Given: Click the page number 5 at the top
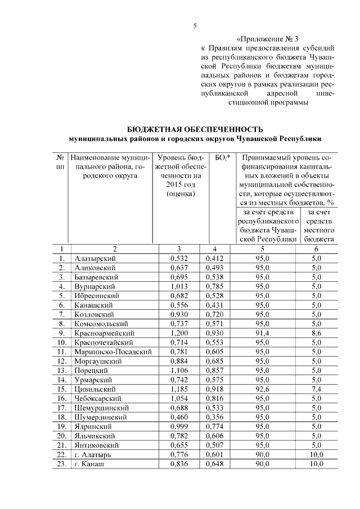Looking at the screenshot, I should click(x=195, y=25).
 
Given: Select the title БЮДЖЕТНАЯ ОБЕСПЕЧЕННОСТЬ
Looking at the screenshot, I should click(x=195, y=129).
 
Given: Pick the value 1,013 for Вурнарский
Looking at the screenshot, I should click(x=179, y=286).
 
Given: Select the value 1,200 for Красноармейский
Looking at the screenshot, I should click(x=179, y=333).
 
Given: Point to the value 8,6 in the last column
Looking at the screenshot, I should click(x=317, y=333).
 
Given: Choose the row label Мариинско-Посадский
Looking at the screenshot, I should click(x=113, y=352).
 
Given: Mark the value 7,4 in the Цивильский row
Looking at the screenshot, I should click(x=317, y=389).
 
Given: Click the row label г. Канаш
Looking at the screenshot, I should click(x=90, y=464).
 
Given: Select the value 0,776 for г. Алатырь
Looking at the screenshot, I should click(x=179, y=454).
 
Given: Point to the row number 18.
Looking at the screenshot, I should click(x=61, y=417).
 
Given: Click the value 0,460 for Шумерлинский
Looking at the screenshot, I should click(x=179, y=417).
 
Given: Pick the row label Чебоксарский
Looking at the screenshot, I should click(x=96, y=398).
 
